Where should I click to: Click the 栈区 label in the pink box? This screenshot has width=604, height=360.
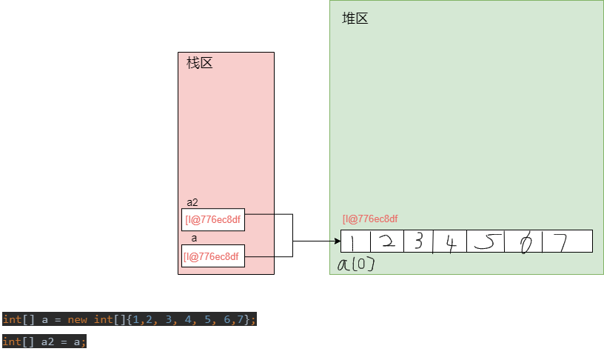[x=200, y=63]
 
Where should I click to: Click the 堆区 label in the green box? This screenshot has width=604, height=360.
[x=355, y=19]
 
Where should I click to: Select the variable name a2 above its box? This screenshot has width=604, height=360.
[x=192, y=202]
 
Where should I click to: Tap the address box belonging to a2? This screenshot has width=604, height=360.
[x=213, y=219]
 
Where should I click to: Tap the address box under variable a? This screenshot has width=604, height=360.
[x=213, y=256]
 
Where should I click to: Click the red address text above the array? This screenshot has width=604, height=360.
[x=370, y=219]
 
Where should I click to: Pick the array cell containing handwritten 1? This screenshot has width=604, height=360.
[x=355, y=241]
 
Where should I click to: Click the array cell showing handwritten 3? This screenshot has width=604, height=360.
[x=418, y=241]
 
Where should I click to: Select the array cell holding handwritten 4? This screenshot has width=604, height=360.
[x=450, y=241]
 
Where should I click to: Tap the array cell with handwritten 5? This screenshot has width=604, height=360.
[x=485, y=241]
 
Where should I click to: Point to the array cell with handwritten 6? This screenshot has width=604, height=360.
[x=523, y=241]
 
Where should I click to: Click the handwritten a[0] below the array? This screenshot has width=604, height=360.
[x=356, y=264]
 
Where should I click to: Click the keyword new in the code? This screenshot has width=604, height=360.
[x=78, y=320]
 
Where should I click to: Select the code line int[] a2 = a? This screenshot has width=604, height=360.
[x=44, y=341]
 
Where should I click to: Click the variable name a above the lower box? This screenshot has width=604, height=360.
[x=194, y=239]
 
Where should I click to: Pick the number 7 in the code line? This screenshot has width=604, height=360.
[x=247, y=320]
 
